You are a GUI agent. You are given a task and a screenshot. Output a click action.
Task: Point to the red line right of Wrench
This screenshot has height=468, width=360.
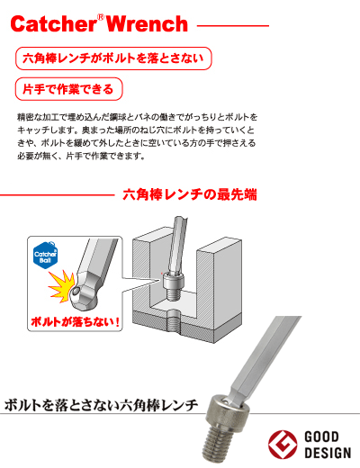[x=232, y=25]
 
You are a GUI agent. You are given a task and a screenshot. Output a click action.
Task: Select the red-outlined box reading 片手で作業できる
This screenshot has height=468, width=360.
[x=68, y=89]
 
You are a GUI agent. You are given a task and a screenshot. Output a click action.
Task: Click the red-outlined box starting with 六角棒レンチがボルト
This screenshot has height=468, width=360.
[x=114, y=60]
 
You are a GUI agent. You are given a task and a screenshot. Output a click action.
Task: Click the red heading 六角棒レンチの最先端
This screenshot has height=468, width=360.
[x=190, y=194]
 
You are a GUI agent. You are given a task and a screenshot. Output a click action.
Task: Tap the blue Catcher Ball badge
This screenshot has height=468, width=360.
[x=47, y=257]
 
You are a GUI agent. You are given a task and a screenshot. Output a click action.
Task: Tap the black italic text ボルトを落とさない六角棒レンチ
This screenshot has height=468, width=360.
[x=101, y=404]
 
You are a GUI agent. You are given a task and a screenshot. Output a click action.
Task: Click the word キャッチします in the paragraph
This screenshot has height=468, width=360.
[x=43, y=130]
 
